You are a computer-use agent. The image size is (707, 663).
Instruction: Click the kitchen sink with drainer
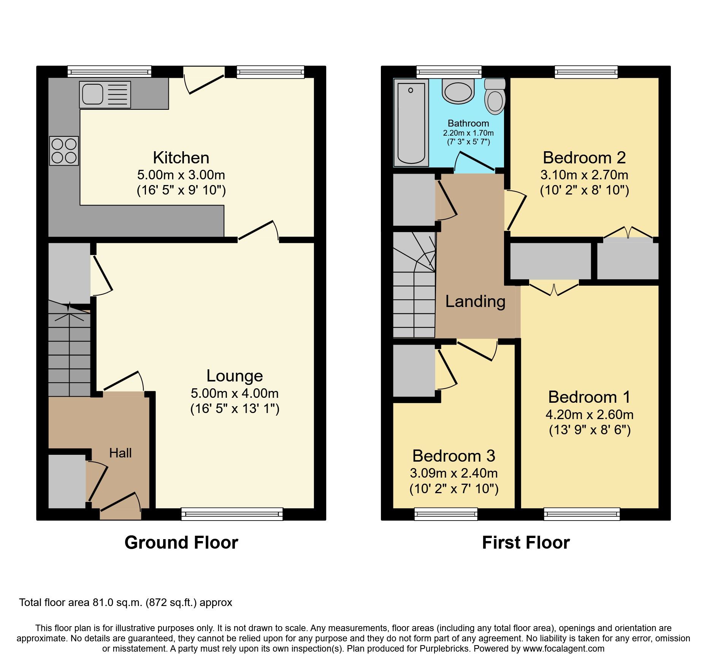[105, 95]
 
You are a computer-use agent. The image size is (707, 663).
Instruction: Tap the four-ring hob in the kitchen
[64, 151]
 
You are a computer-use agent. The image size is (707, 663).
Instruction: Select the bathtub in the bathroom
[411, 123]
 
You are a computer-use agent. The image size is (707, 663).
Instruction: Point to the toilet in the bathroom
[495, 97]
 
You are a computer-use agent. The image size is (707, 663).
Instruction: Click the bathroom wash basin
[458, 92]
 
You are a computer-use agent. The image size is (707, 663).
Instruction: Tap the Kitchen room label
[181, 158]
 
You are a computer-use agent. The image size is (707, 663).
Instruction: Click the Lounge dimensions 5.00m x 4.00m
[235, 393]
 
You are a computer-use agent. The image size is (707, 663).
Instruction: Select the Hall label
[120, 453]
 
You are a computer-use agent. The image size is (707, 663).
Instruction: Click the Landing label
[475, 301]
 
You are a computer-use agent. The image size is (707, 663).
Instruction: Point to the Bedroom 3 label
[453, 456]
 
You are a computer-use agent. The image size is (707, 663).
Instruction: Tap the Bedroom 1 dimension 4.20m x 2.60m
[589, 415]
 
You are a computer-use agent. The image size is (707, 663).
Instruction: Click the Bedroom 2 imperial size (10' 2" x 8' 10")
[584, 190]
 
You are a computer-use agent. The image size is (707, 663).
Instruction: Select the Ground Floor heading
[181, 543]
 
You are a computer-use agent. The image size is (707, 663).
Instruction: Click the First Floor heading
[526, 543]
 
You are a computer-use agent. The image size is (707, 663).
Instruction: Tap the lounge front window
[232, 514]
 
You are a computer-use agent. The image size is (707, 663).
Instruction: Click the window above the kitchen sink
[109, 71]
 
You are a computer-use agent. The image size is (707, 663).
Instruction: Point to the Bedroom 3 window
[445, 514]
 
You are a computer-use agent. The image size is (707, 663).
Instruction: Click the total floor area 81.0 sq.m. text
[125, 603]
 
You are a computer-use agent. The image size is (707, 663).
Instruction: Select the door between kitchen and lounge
[258, 231]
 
